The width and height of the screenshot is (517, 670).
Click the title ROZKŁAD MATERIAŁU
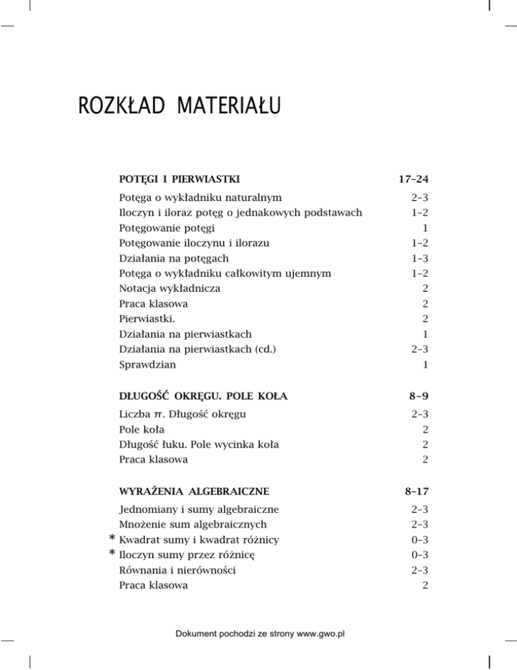180,107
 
